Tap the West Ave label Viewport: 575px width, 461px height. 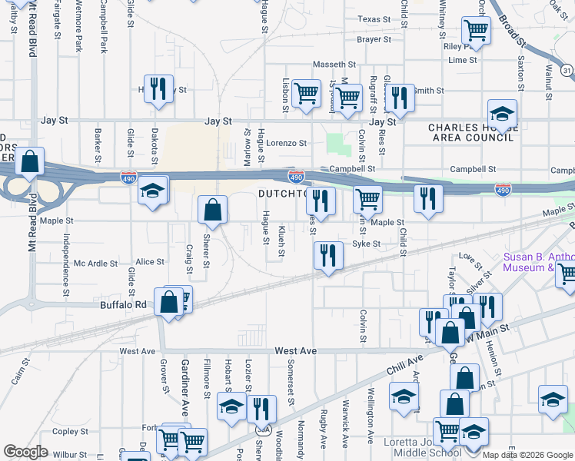(x=138, y=351)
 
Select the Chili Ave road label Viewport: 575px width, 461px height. (x=405, y=363)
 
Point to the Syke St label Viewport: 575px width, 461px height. (x=367, y=244)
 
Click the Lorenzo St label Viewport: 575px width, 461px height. (x=286, y=143)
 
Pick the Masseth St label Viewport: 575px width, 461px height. (x=334, y=65)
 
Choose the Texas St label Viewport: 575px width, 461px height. (x=374, y=19)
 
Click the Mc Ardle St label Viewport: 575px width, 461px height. (x=95, y=263)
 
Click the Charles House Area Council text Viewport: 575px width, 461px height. (x=470, y=132)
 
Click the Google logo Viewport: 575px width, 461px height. (x=25, y=451)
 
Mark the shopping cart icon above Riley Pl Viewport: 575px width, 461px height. (x=476, y=31)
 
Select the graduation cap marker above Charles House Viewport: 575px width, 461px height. (x=502, y=114)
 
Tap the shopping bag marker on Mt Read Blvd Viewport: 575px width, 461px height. (x=29, y=161)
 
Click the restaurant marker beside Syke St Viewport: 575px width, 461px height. (x=328, y=255)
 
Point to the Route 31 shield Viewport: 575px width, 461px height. (x=567, y=71)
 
